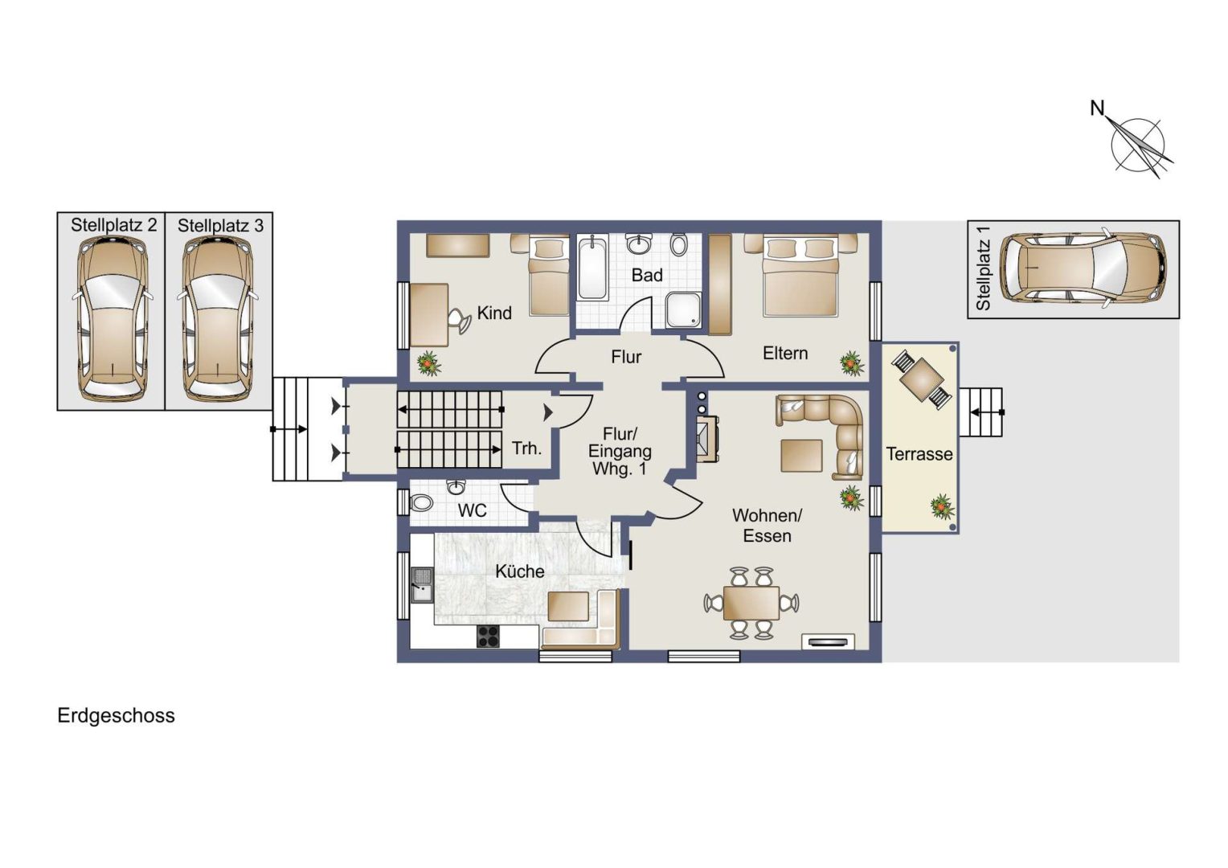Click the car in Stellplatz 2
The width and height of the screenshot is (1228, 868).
113,318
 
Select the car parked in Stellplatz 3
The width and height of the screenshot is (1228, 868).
218,318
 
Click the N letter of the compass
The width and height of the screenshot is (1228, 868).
1096,108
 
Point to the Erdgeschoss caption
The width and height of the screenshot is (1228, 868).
117,716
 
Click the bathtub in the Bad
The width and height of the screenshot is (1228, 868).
592,268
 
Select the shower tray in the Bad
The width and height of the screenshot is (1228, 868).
683,309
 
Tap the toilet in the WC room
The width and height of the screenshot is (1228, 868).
422,502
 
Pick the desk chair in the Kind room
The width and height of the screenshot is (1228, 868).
460,321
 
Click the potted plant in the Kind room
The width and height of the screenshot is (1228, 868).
428,363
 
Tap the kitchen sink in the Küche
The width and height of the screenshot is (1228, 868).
422,584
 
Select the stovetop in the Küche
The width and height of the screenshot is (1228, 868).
488,636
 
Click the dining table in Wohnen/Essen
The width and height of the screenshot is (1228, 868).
751,603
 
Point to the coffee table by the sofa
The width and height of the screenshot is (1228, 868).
801,456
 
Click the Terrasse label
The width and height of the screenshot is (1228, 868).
919,454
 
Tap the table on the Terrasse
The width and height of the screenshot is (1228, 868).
922,379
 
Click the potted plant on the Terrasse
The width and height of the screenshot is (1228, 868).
943,506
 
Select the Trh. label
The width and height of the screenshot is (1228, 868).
527,448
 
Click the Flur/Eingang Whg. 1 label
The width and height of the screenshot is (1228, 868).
620,451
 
